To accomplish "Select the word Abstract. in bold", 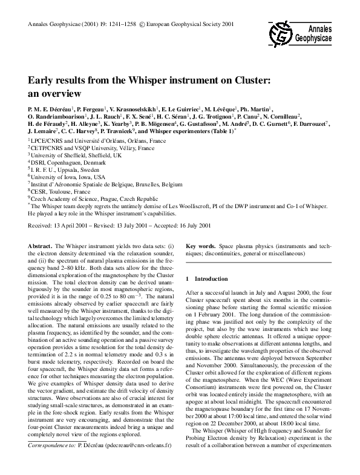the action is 41,246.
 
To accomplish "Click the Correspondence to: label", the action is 51,462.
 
